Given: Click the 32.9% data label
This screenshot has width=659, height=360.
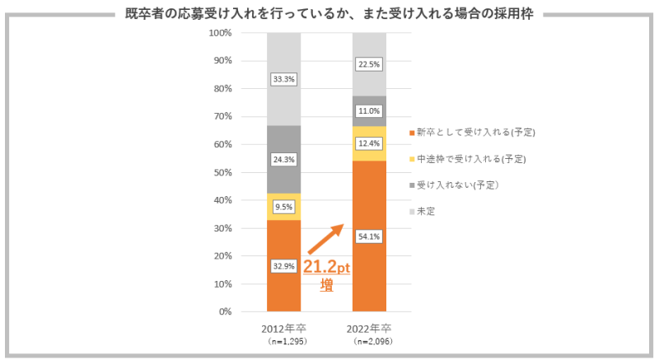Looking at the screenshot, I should click(283, 266).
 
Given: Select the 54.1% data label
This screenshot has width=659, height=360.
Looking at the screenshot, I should click(369, 236).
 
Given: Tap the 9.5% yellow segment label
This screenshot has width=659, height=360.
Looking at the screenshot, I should click(283, 208).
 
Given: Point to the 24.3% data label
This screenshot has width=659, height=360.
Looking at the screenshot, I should click(283, 160).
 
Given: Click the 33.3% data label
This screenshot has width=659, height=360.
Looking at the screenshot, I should click(283, 79).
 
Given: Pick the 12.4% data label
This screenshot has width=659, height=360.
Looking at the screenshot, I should click(369, 144).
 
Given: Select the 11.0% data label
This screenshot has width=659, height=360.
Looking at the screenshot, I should click(369, 110).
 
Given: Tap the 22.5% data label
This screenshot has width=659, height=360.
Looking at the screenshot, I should click(369, 64).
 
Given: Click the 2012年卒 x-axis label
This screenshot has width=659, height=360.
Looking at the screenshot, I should click(283, 328).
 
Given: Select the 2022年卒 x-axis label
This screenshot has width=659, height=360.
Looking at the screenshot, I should click(368, 328).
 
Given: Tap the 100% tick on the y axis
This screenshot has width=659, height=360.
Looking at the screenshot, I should click(222, 33).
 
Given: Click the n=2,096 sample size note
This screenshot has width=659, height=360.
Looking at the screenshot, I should click(368, 340).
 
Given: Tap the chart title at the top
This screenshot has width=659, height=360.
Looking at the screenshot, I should click(329, 15).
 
